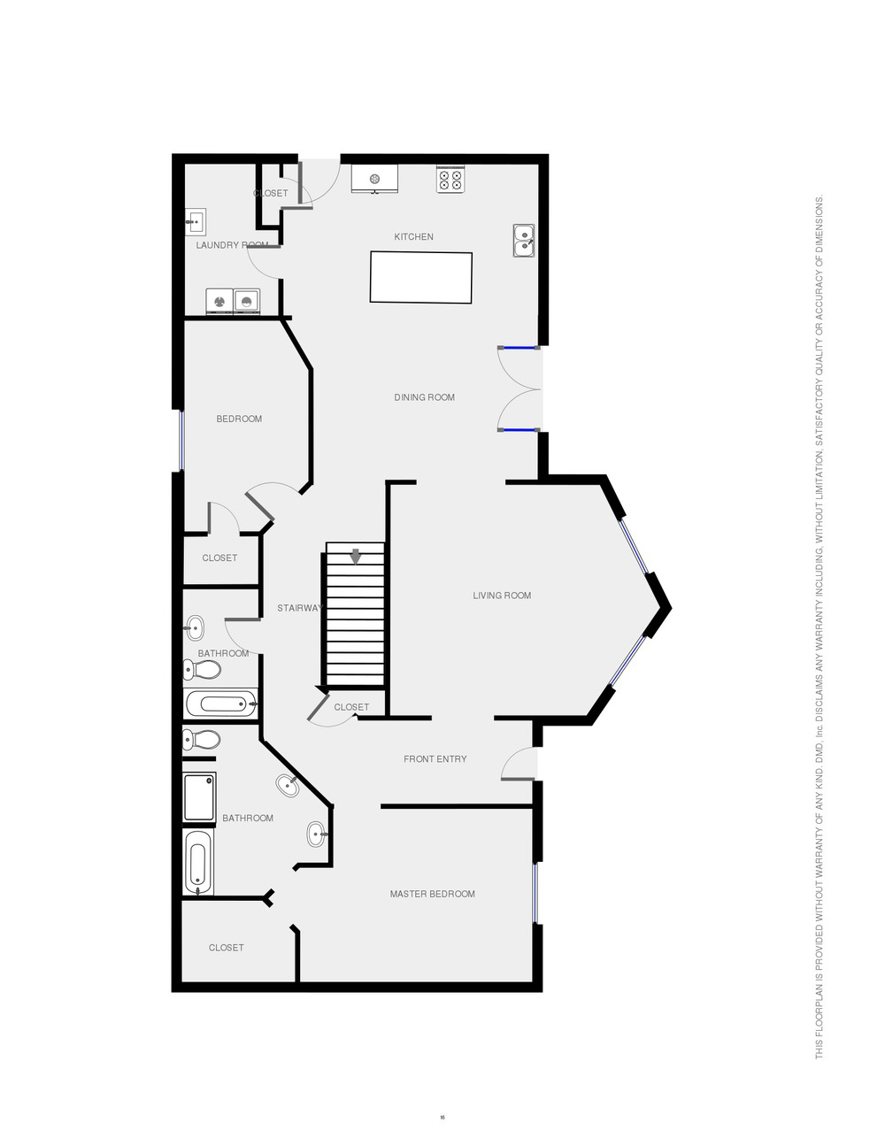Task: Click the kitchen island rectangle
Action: (420, 277)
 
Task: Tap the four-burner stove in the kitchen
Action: (450, 180)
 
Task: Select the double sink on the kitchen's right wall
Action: (524, 240)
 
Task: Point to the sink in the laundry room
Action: (196, 221)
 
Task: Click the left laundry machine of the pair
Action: (219, 302)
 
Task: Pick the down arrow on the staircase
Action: (356, 556)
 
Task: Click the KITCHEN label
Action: (414, 236)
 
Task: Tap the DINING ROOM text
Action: (424, 397)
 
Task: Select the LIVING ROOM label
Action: (502, 596)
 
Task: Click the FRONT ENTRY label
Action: (435, 758)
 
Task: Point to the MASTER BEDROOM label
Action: (432, 894)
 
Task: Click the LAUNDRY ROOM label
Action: (231, 245)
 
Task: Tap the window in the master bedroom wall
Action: (535, 893)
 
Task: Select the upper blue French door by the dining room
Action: (519, 348)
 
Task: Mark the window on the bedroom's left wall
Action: (181, 440)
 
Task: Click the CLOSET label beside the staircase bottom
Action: (351, 707)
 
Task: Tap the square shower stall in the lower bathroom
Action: (199, 797)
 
